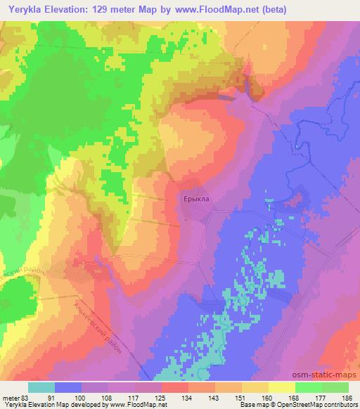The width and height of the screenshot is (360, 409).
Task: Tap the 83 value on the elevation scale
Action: click(x=28, y=397)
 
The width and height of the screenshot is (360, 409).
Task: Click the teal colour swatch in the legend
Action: click(x=41, y=387)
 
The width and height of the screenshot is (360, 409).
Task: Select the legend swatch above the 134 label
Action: click(x=175, y=387)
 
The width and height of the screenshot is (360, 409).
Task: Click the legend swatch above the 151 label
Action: click(x=229, y=387)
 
